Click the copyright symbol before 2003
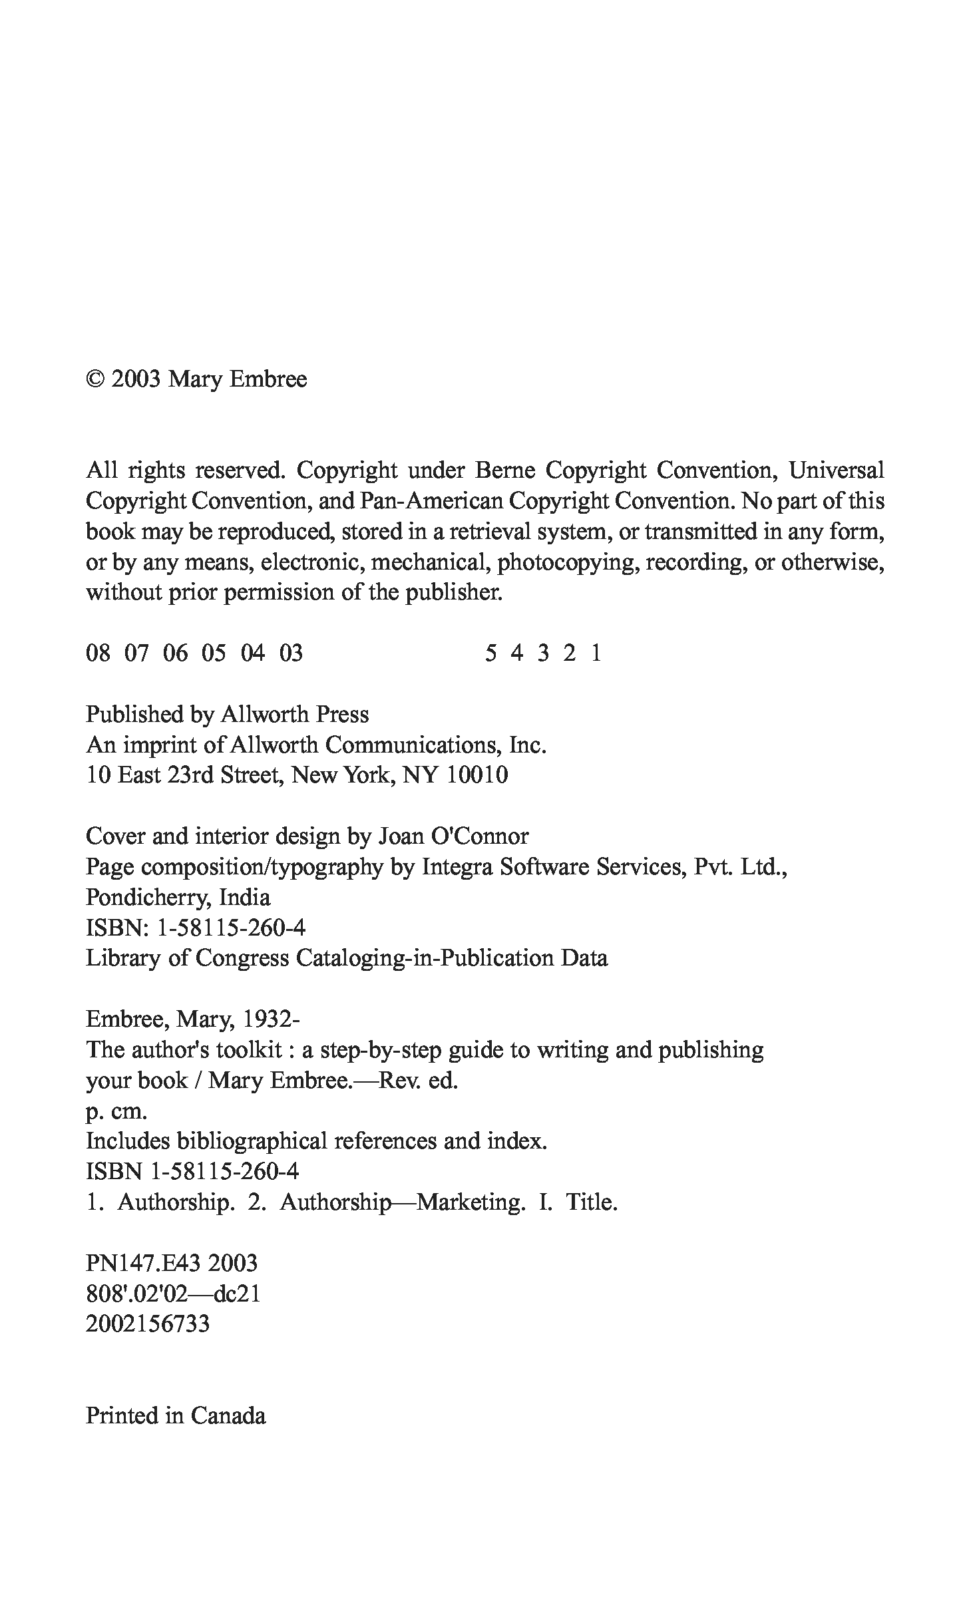coord(96,379)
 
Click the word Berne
coord(505,470)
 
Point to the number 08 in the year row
coord(98,653)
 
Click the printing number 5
coord(490,653)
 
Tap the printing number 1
coord(596,653)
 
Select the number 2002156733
coord(147,1324)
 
